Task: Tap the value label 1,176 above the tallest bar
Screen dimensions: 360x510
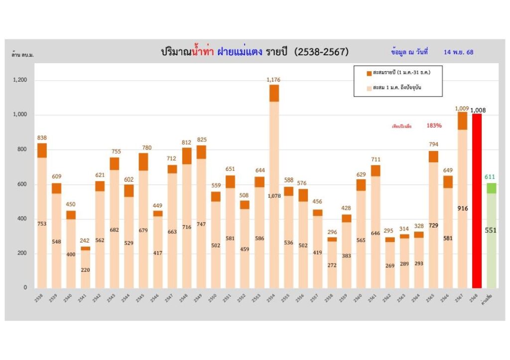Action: coord(274,80)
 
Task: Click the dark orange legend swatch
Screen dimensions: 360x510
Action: coord(369,73)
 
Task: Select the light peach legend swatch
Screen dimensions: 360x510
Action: coord(369,88)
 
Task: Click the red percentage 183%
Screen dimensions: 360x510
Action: coord(434,125)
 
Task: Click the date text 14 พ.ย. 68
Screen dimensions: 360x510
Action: coord(458,52)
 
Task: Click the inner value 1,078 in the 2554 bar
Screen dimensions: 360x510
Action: coord(274,182)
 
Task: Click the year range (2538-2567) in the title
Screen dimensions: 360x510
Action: coord(321,52)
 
